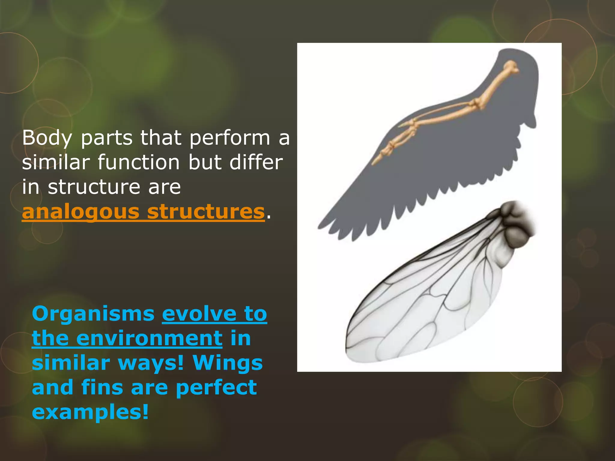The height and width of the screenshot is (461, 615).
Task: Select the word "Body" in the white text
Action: tap(47, 138)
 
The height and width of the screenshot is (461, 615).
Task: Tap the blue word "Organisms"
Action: tap(93, 314)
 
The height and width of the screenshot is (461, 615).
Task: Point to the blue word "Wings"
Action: tap(228, 363)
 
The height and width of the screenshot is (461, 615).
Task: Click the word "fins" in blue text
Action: tap(102, 387)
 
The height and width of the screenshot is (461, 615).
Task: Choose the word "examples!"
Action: tap(90, 412)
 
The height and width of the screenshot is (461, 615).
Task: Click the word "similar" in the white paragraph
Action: tap(56, 162)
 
